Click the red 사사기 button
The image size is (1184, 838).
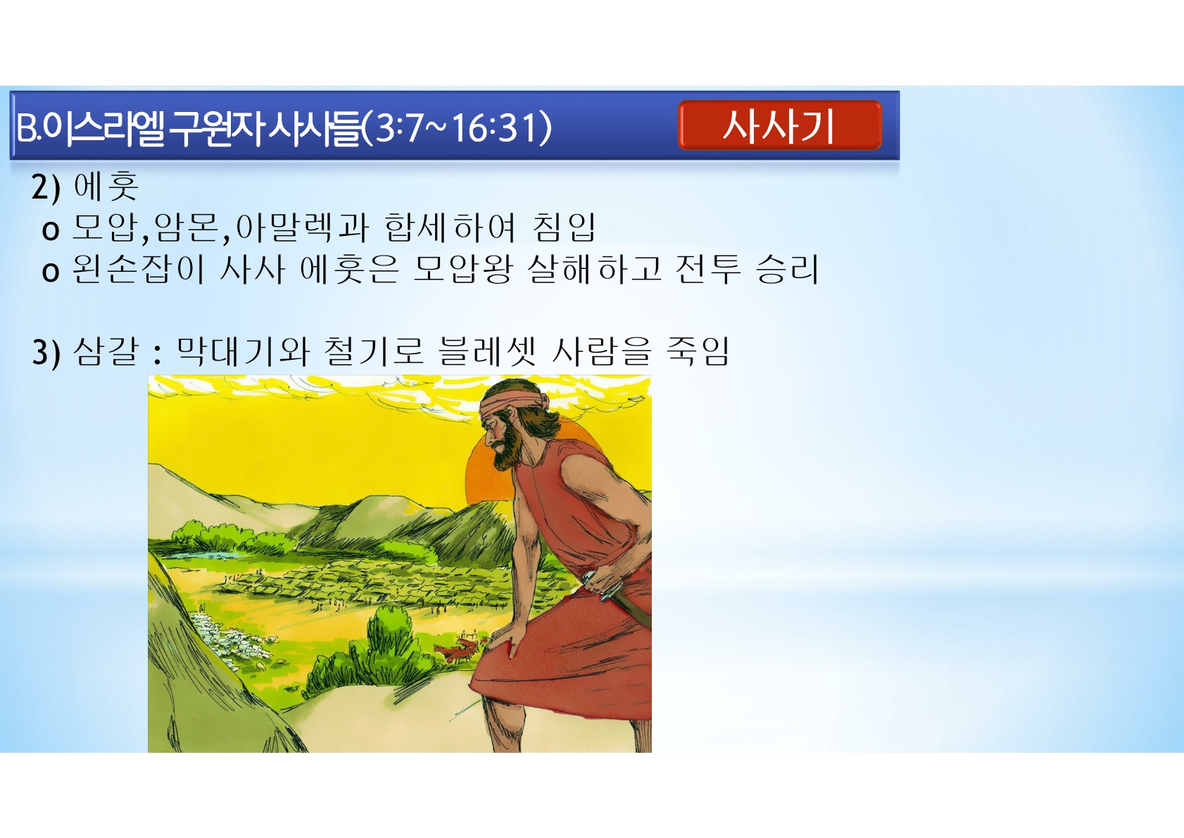pyautogui.click(x=780, y=125)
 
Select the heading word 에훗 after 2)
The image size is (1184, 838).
pyautogui.click(x=106, y=186)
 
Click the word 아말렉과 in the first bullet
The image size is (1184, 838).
pyautogui.click(x=302, y=227)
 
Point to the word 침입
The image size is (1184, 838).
pyautogui.click(x=564, y=227)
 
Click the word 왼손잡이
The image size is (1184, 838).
pyautogui.click(x=137, y=268)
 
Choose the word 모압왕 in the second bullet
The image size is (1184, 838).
pyautogui.click(x=462, y=268)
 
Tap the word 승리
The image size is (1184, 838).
pyautogui.click(x=787, y=268)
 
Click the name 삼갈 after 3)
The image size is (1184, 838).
pyautogui.click(x=106, y=351)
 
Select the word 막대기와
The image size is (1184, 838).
pyautogui.click(x=243, y=351)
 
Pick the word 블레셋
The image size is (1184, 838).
pyautogui.click(x=487, y=351)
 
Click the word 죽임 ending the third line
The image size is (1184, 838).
pyautogui.click(x=698, y=351)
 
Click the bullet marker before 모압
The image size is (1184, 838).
pyautogui.click(x=50, y=231)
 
